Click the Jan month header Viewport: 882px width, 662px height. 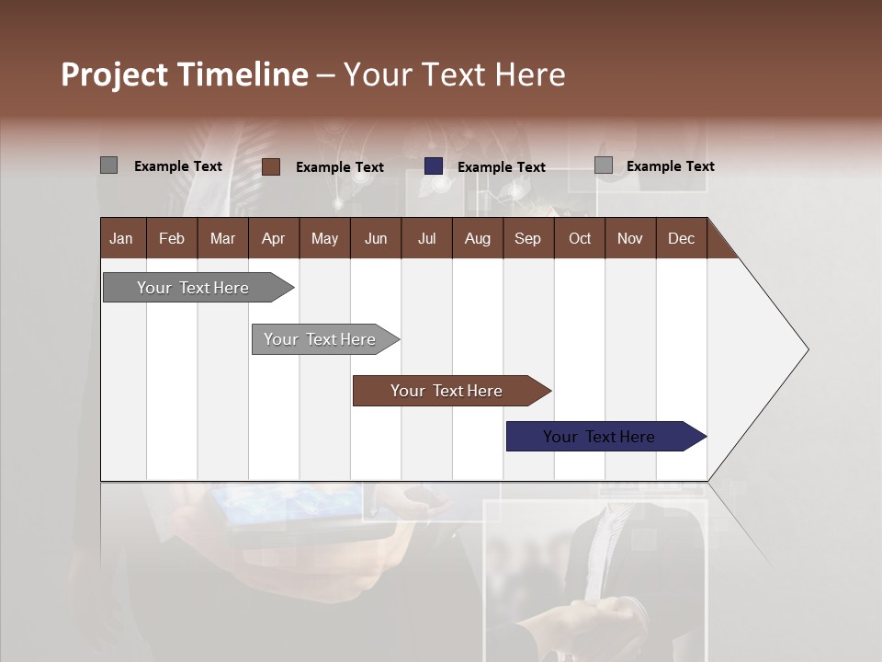pyautogui.click(x=122, y=238)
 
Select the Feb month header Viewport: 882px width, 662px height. pyautogui.click(x=172, y=238)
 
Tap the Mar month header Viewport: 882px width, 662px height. pyautogui.click(x=222, y=238)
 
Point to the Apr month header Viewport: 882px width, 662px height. pyautogui.click(x=274, y=238)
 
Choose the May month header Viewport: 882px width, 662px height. pyautogui.click(x=324, y=238)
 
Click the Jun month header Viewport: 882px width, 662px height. pyautogui.click(x=376, y=238)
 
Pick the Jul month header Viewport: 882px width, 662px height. pyautogui.click(x=426, y=238)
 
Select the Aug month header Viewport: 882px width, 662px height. pyautogui.click(x=478, y=238)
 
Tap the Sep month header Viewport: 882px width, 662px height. pyautogui.click(x=528, y=238)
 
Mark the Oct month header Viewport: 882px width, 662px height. pyautogui.click(x=580, y=238)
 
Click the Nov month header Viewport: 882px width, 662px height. pyautogui.click(x=630, y=238)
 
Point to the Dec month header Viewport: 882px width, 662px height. pyautogui.click(x=682, y=238)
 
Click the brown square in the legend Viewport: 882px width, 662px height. pyautogui.click(x=271, y=166)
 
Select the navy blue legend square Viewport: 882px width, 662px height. pyautogui.click(x=434, y=166)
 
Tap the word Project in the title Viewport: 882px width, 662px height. pyautogui.click(x=116, y=74)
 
